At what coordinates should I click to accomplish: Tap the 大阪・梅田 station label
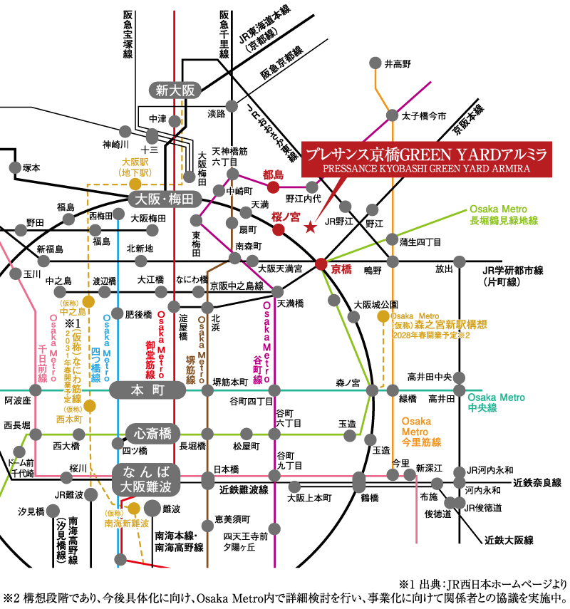coord(165,200)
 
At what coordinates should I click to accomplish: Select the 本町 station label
coord(147,390)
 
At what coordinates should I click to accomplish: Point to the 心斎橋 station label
coord(152,433)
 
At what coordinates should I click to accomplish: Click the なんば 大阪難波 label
coord(147,479)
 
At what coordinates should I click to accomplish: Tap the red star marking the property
coord(310,228)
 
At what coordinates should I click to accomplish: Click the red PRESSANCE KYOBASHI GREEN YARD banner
coord(426,158)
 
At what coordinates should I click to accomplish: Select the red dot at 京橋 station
coord(321,264)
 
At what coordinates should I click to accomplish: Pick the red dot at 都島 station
coord(273,187)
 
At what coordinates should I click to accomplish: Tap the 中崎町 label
coord(239,192)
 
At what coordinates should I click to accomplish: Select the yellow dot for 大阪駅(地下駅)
coord(135,184)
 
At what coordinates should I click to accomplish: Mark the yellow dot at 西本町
coord(90,406)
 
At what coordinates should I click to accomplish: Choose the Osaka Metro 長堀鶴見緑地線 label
coord(503,215)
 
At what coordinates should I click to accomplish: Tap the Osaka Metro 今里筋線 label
coord(421,432)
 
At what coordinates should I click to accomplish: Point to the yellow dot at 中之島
coord(88,301)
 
